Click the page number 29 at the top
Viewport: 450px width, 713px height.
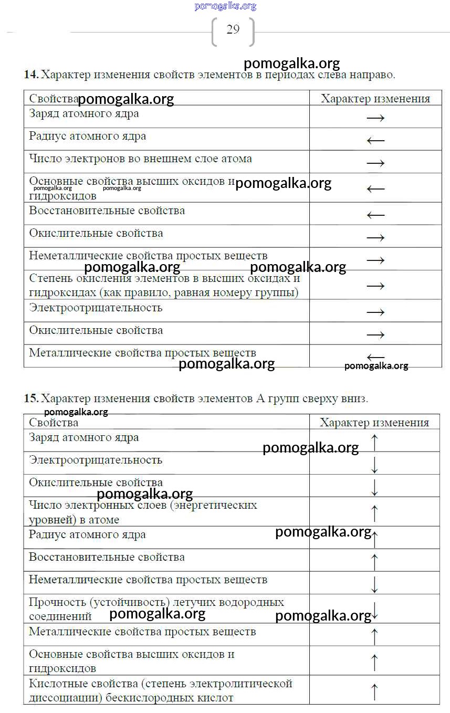click(233, 30)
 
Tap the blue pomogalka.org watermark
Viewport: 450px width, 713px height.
click(225, 6)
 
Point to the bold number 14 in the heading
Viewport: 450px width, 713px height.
click(30, 75)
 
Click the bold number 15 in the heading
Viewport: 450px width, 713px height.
click(30, 399)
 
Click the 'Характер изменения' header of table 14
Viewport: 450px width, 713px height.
click(375, 99)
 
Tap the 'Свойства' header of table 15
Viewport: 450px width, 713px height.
click(54, 423)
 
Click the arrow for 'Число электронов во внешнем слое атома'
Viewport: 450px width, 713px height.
click(375, 163)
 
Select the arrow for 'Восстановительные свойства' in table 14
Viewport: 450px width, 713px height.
click(375, 215)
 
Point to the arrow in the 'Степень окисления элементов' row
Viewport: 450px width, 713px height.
click(375, 286)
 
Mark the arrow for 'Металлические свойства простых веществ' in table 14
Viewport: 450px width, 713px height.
click(375, 357)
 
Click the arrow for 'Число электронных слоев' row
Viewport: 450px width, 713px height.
click(374, 512)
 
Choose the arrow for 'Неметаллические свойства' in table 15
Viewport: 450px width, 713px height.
click(374, 584)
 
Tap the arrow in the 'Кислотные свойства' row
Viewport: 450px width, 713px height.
click(374, 691)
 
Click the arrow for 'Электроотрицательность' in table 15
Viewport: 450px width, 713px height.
click(374, 464)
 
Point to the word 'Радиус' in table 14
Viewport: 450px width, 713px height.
click(45, 137)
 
